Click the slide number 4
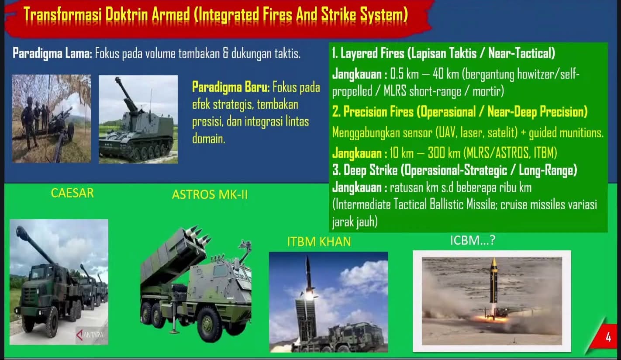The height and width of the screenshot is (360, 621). click(x=608, y=337)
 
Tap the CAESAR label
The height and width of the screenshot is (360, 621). click(x=72, y=193)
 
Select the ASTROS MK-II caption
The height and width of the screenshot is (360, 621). click(x=210, y=195)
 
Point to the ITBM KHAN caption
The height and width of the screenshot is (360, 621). click(x=319, y=242)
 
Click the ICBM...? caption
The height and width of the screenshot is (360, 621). click(x=473, y=240)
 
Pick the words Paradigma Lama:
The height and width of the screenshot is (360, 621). click(x=52, y=54)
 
